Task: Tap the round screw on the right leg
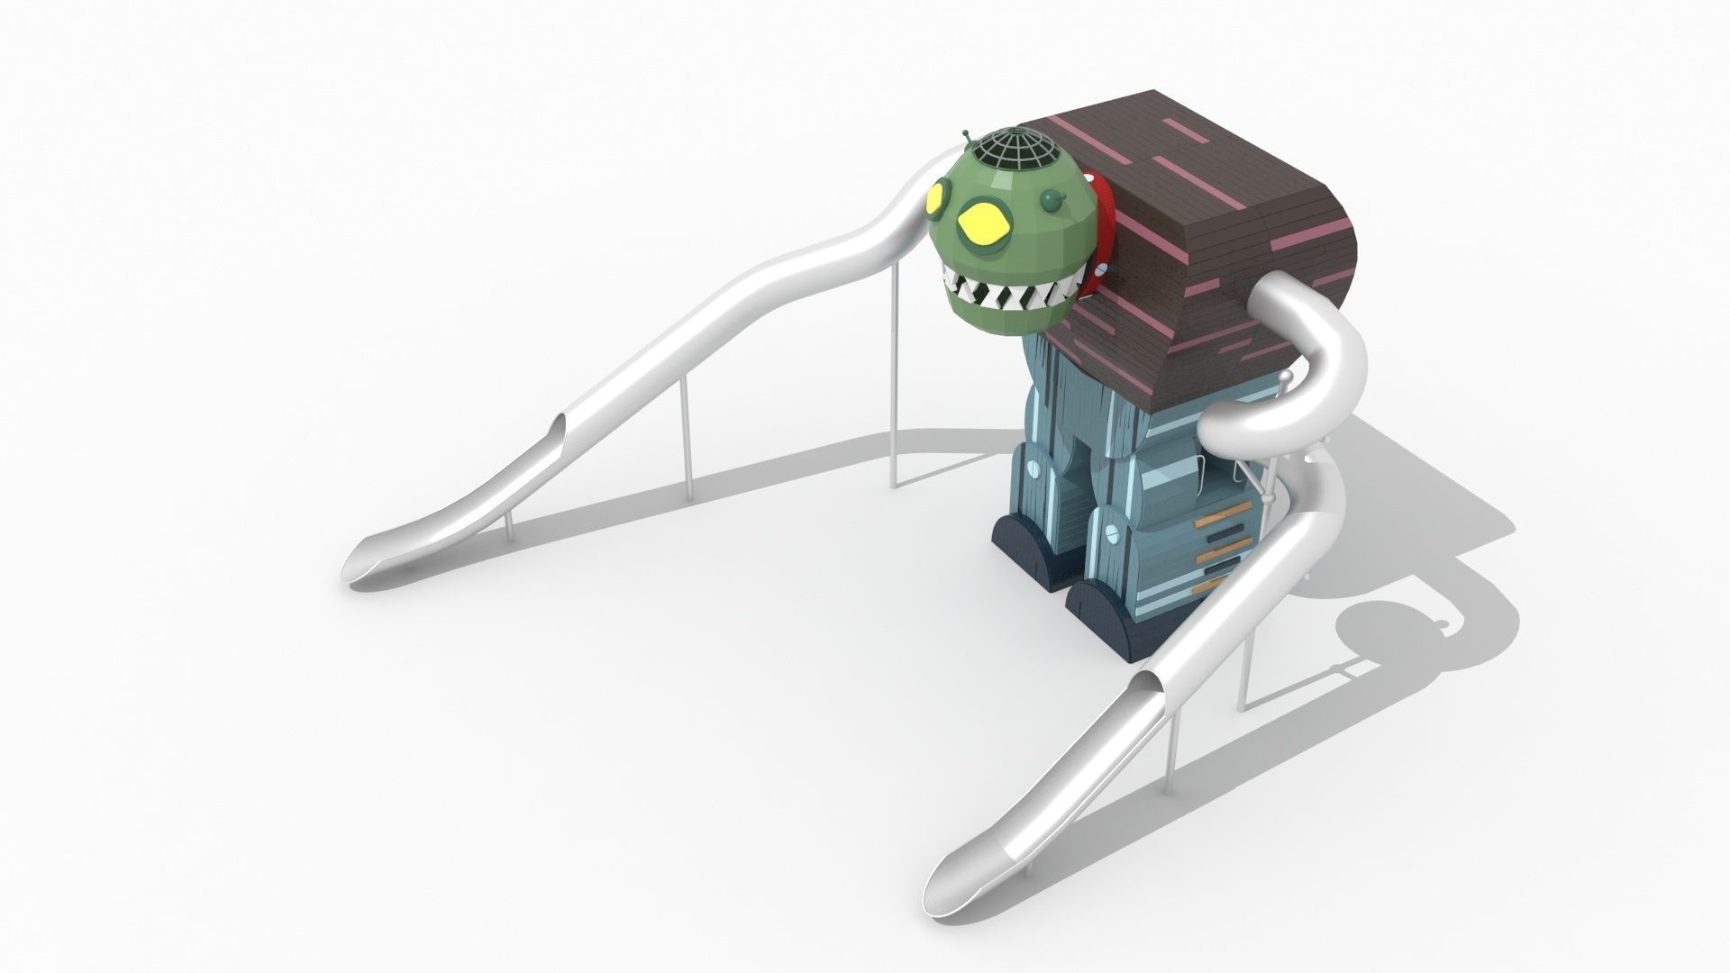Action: click(x=1114, y=532)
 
